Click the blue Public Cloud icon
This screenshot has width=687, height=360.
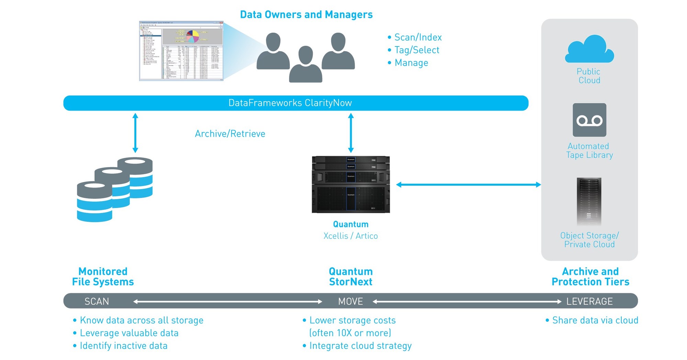(589, 50)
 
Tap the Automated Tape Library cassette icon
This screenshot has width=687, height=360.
(589, 120)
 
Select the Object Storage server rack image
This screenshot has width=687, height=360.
(589, 201)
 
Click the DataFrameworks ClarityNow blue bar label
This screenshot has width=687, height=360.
(290, 103)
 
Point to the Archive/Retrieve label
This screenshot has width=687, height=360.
(230, 134)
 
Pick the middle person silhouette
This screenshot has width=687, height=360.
(306, 65)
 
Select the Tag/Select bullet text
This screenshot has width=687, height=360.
(417, 50)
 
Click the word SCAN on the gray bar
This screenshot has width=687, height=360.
(97, 302)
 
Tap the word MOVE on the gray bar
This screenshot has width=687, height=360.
(350, 302)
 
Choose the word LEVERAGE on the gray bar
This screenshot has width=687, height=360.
(589, 302)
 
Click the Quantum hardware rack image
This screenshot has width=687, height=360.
(351, 185)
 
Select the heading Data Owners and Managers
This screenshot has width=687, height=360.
(306, 15)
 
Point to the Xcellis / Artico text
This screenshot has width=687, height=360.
(350, 236)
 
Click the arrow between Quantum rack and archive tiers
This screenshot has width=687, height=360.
(468, 185)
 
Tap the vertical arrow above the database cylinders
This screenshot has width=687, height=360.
(135, 133)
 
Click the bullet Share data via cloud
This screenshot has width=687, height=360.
(595, 320)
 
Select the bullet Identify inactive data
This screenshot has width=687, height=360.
(123, 346)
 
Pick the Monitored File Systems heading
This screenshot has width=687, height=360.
(103, 276)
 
